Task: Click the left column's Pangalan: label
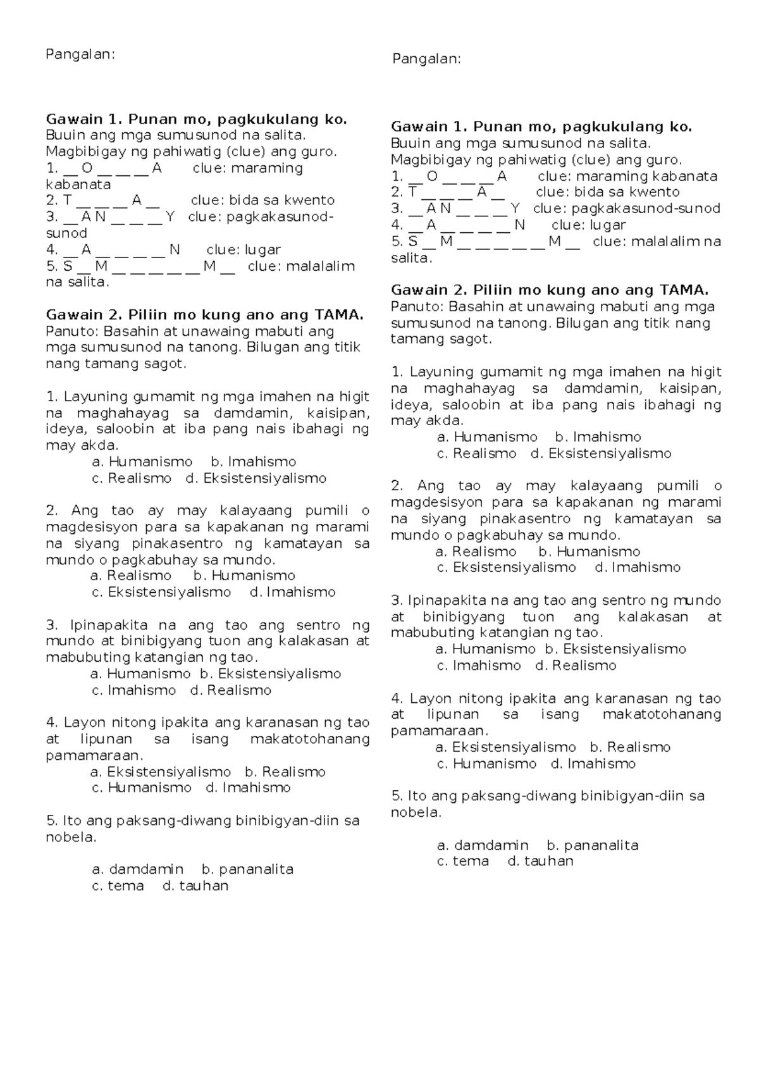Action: (80, 54)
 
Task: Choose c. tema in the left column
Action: (118, 886)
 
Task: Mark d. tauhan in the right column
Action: (541, 861)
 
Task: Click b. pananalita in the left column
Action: (247, 869)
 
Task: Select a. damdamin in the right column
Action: (483, 845)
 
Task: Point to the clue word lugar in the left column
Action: (262, 250)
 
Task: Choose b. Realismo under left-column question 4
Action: (285, 772)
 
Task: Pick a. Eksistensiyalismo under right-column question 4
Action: (505, 747)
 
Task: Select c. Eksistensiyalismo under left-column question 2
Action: (162, 592)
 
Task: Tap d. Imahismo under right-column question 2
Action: (638, 568)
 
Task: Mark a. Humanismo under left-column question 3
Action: (140, 674)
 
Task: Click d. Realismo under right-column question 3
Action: (576, 666)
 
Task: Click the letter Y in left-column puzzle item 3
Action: (170, 217)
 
